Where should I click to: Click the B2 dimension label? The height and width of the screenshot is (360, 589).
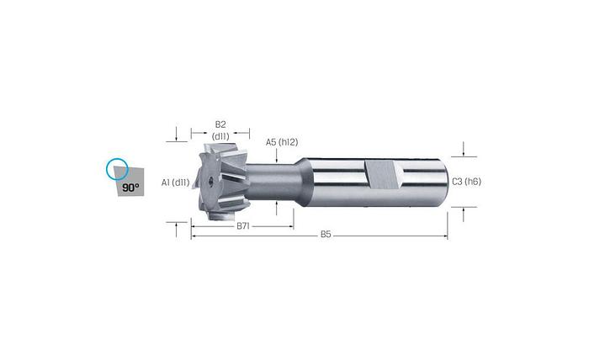pyautogui.click(x=220, y=124)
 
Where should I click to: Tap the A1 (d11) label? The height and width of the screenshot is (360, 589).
pyautogui.click(x=175, y=182)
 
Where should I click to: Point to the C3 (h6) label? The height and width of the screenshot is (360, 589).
pyautogui.click(x=465, y=181)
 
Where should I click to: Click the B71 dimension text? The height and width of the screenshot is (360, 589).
pyautogui.click(x=243, y=226)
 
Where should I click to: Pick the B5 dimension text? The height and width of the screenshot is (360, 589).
pyautogui.click(x=326, y=235)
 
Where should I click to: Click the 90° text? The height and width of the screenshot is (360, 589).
pyautogui.click(x=130, y=188)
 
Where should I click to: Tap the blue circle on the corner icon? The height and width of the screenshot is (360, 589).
pyautogui.click(x=117, y=169)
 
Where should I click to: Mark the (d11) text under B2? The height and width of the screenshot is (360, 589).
pyautogui.click(x=220, y=135)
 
